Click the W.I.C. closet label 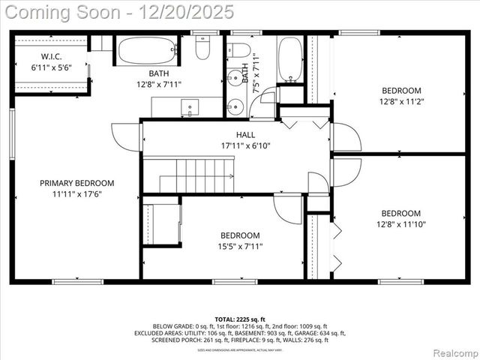point(50,55)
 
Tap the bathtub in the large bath point(146,51)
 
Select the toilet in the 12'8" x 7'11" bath point(202,48)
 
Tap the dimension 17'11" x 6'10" point(244,145)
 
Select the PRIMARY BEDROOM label point(76,183)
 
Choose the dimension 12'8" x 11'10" point(400,223)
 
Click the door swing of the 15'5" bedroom point(286,208)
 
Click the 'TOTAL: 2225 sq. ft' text point(240,318)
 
